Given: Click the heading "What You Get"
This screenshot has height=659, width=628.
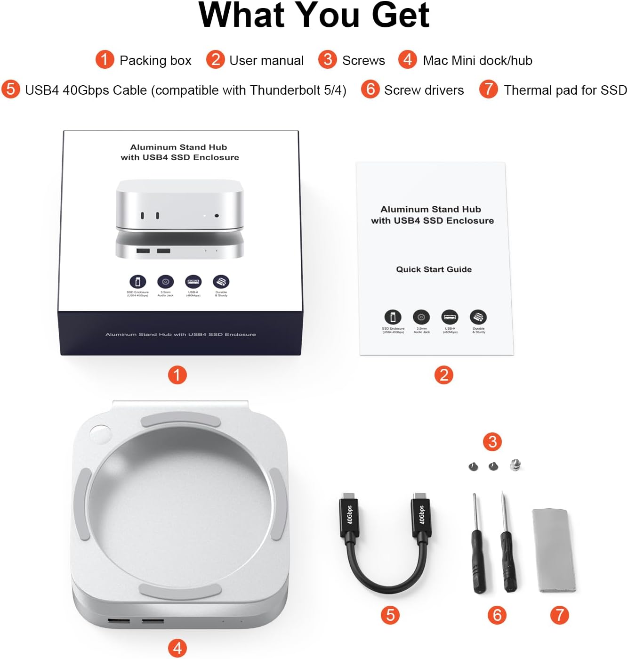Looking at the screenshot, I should (314, 16).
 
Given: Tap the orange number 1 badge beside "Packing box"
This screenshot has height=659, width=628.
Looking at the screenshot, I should (105, 60).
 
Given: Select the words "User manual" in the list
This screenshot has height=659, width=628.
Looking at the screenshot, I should (266, 61).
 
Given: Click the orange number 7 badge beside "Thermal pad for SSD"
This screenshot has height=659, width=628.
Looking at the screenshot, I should (489, 89).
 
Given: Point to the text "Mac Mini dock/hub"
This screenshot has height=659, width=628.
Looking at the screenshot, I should (477, 61).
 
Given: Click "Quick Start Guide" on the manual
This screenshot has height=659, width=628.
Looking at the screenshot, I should (434, 269).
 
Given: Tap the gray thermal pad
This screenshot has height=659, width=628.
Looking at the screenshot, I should (554, 550).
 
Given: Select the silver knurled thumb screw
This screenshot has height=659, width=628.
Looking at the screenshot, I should (515, 465).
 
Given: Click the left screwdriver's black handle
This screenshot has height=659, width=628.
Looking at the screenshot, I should (478, 561).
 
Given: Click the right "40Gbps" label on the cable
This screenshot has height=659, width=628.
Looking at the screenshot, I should (421, 514).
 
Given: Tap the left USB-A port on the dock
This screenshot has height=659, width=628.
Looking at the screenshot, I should (119, 622).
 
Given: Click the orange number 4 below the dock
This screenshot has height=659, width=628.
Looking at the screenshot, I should (177, 648).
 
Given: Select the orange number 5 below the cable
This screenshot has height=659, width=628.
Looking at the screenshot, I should (390, 615).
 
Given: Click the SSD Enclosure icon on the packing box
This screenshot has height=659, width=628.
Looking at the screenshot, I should (137, 282).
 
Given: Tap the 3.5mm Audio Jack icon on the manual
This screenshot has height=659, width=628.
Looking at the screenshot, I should (421, 317).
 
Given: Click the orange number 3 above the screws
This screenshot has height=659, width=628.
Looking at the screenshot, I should (492, 442).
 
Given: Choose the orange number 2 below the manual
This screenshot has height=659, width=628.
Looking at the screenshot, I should (443, 375).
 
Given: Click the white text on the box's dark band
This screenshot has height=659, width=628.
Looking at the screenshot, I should (180, 334).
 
